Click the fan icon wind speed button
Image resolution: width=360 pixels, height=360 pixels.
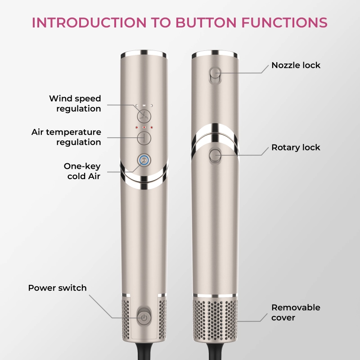tap(144, 116)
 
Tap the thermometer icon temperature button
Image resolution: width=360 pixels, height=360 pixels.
tap(144, 138)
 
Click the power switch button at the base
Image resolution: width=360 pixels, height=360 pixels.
tap(144, 318)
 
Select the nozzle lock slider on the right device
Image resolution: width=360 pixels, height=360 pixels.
tap(215, 76)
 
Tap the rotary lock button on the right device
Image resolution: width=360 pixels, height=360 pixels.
tap(215, 156)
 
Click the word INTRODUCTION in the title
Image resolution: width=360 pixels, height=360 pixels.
tap(89, 22)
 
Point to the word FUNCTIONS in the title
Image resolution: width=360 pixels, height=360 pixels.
tap(284, 22)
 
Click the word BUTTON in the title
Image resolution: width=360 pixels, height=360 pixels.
tap(206, 22)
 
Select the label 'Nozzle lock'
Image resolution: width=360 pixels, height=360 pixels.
tap(296, 65)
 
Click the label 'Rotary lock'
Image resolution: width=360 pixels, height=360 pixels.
tap(296, 148)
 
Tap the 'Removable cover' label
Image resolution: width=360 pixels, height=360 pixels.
tap(296, 312)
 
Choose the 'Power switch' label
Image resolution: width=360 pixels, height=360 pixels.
tap(58, 288)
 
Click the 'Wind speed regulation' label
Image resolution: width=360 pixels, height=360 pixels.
tap(75, 103)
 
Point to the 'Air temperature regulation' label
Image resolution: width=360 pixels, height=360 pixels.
tap(66, 137)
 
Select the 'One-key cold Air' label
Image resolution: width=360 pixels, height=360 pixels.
tap(82, 171)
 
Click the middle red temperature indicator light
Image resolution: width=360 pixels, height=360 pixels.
tap(144, 127)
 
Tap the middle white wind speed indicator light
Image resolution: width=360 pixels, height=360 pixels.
tap(144, 106)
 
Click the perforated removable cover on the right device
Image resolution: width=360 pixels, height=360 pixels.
tap(215, 319)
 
